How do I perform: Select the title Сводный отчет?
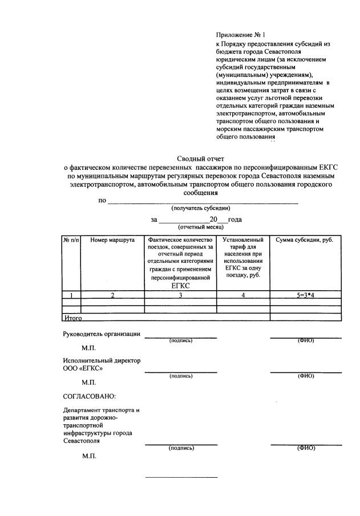(x=200, y=159)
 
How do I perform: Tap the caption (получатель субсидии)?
(x=200, y=209)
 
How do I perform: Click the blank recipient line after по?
(x=203, y=201)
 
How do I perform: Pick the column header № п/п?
(x=71, y=240)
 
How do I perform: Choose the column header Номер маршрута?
(x=112, y=240)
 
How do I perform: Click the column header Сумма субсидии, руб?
(x=305, y=240)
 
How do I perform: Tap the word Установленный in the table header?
(x=243, y=240)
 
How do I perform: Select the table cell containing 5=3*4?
(x=305, y=295)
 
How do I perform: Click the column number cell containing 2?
(x=112, y=295)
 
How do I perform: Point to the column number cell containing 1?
(x=71, y=295)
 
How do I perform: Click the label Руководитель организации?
(x=102, y=334)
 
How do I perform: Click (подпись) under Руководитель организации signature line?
(x=181, y=341)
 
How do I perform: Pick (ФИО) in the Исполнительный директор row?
(x=306, y=376)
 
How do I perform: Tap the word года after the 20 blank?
(x=235, y=220)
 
